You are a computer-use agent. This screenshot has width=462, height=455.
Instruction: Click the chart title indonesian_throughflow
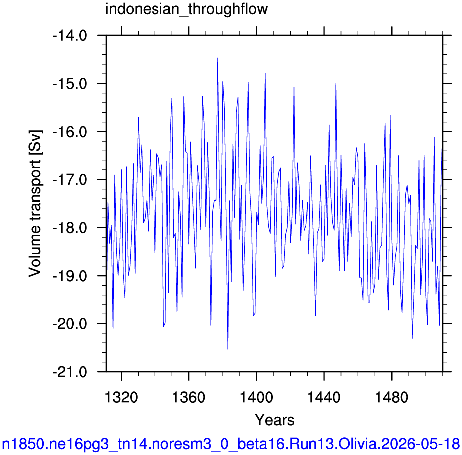[186, 9]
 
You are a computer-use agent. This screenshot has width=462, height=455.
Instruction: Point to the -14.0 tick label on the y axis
[70, 36]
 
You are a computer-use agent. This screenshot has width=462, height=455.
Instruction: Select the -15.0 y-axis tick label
[70, 84]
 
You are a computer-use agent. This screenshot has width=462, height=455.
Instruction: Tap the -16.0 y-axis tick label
[70, 132]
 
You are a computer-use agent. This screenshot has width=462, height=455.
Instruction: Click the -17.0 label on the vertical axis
[70, 180]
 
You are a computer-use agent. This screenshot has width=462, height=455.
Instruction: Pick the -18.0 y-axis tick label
[70, 228]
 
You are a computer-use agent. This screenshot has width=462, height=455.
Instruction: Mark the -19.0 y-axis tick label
[70, 276]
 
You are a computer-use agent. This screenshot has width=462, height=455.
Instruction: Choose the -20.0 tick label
[70, 324]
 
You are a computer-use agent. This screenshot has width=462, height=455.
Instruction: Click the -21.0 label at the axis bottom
[70, 372]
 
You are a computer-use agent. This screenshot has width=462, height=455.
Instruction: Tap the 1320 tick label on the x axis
[121, 397]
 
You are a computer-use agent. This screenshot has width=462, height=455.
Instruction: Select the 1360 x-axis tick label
[188, 397]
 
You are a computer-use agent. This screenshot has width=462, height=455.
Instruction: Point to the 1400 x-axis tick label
[256, 397]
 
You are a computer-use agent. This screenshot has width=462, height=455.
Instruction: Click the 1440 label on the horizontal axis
[324, 397]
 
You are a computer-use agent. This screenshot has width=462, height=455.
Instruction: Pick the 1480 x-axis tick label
[392, 397]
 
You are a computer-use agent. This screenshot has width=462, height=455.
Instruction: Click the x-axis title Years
[274, 420]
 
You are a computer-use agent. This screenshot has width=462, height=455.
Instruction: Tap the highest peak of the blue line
[218, 58]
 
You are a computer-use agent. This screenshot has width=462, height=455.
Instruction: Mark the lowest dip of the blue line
[228, 349]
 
